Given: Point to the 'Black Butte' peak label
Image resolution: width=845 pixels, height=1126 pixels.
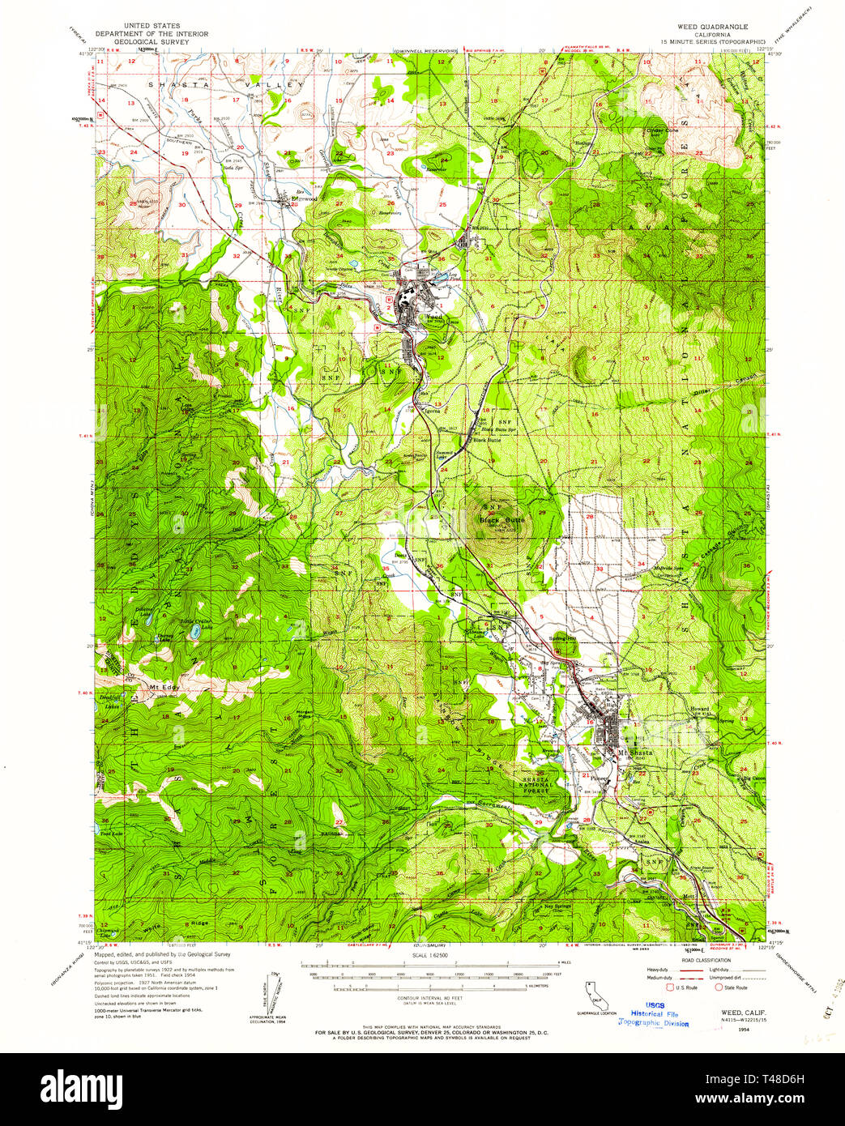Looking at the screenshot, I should coord(502,518).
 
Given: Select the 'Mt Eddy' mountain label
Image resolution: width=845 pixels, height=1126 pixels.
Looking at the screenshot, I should coord(164,687).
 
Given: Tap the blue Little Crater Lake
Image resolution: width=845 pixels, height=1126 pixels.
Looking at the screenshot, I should coord(195,632).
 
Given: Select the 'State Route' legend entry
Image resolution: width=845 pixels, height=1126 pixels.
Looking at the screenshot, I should coord(732,987).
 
